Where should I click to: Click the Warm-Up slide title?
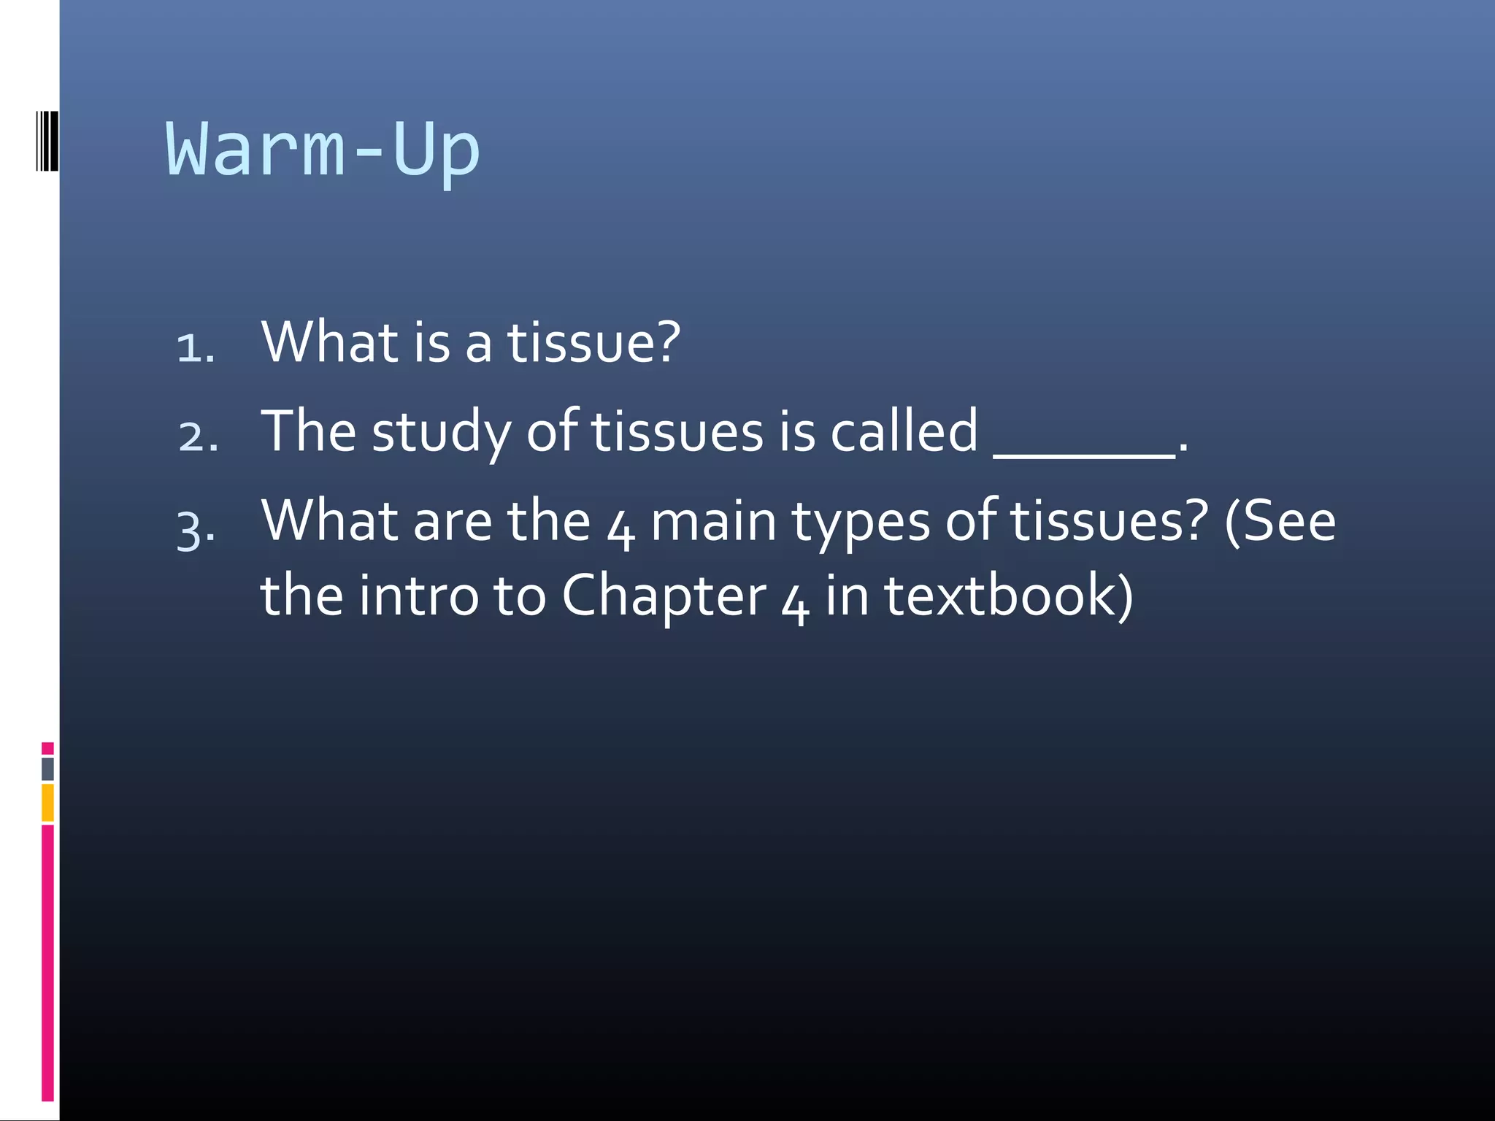click(322, 150)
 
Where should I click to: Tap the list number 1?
click(195, 347)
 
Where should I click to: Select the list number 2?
click(198, 436)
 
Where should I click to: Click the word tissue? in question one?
click(593, 342)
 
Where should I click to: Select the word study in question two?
click(441, 432)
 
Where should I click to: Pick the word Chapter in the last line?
click(664, 596)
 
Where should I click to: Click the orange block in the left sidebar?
click(47, 802)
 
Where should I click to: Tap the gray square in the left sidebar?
click(47, 768)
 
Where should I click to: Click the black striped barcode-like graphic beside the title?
click(47, 141)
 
